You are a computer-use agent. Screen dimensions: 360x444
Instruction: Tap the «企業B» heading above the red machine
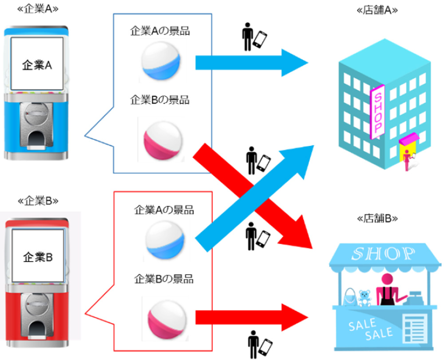pos(37,200)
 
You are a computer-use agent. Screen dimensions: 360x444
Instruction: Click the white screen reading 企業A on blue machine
pos(37,65)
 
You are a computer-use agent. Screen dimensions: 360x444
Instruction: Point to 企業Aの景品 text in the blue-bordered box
pos(159,31)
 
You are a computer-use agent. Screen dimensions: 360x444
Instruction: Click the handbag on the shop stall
pos(350,296)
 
